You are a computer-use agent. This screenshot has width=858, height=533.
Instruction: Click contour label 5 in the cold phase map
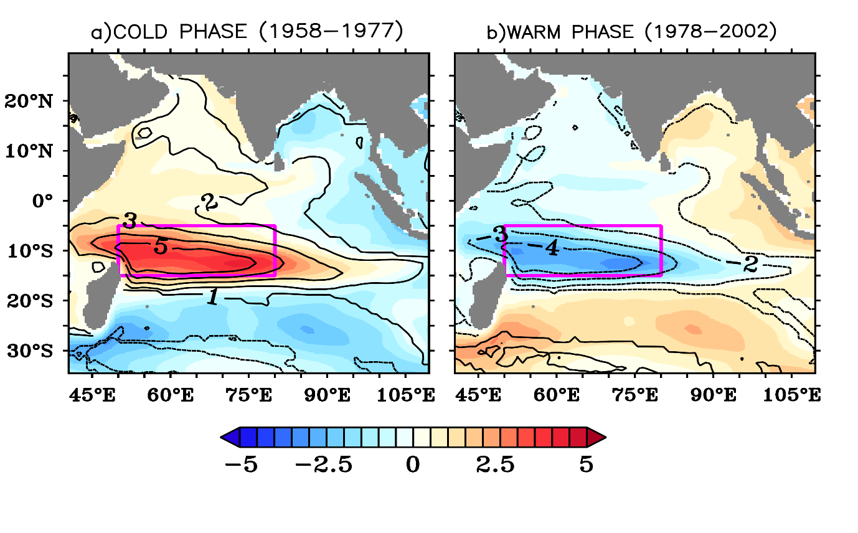click(160, 247)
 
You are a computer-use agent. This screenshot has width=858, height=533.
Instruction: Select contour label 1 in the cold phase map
click(212, 298)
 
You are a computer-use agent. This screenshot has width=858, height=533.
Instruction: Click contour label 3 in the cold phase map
click(130, 220)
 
